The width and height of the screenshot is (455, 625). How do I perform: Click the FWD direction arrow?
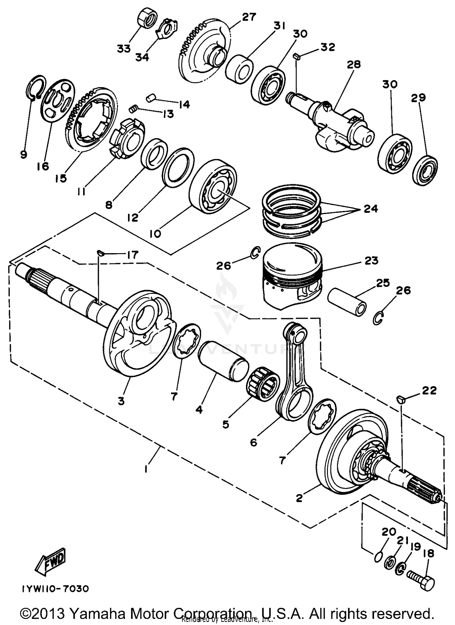coord(51,561)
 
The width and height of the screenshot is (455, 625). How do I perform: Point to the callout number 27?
coord(249,17)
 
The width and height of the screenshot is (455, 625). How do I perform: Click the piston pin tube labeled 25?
coord(346,302)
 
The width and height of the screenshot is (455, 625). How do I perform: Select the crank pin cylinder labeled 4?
coord(223,361)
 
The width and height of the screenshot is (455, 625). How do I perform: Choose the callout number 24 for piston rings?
coord(371,209)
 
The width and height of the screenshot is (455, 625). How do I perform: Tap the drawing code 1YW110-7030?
coord(55,597)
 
